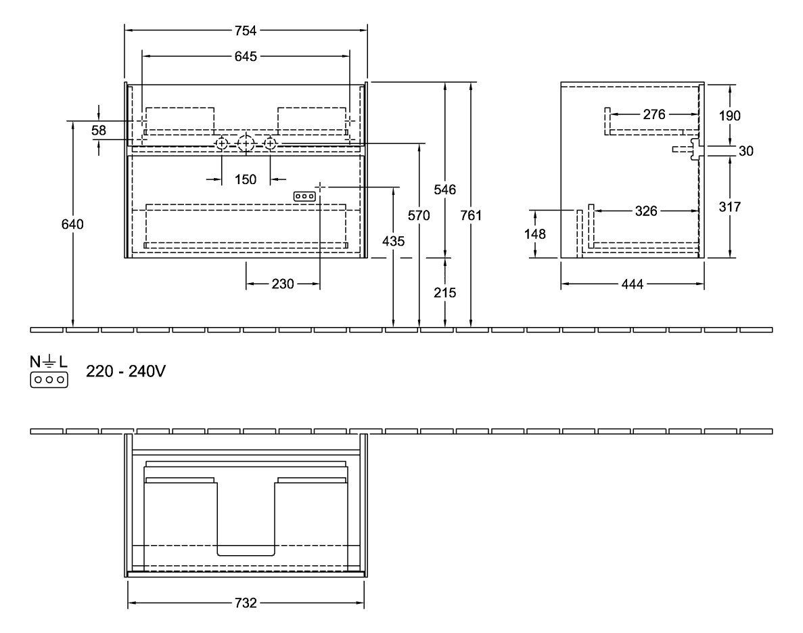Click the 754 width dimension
pos(246,30)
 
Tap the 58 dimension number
pos(99,131)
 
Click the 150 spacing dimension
pos(246,179)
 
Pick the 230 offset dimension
pos(282,284)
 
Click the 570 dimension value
pos(419,216)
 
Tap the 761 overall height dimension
pos(471,216)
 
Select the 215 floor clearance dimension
pos(444,292)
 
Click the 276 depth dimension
pos(654,114)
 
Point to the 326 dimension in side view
pos(646,212)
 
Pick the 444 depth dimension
pos(633,284)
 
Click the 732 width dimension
pos(246,604)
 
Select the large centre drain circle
pos(246,144)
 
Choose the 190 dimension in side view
pos(730,116)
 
